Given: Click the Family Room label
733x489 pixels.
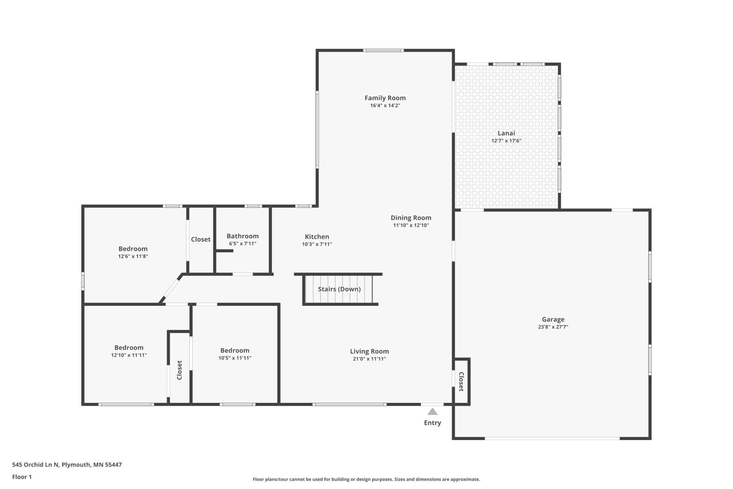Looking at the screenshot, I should [x=385, y=98].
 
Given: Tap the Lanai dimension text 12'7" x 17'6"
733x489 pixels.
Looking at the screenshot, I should [x=506, y=141].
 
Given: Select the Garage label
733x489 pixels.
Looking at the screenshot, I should [x=553, y=319].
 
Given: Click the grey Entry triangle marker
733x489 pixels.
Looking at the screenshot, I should [x=432, y=412].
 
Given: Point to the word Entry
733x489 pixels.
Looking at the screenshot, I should [x=432, y=423].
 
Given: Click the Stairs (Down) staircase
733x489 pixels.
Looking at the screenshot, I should [x=339, y=289].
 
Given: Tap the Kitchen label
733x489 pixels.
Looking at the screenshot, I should [x=317, y=237].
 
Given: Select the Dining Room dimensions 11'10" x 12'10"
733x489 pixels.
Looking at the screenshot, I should [x=411, y=225].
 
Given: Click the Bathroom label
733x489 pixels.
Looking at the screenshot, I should [x=242, y=236].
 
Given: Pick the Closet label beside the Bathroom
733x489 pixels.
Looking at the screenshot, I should [x=201, y=239].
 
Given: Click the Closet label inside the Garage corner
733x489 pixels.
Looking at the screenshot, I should [x=461, y=381].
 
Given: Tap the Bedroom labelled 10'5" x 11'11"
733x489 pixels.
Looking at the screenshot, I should [x=235, y=350].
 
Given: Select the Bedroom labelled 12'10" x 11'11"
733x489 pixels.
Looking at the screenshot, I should [x=129, y=348].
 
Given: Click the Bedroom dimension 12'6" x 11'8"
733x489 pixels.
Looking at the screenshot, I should [x=133, y=256].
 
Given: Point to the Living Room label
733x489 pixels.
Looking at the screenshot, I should [x=369, y=351].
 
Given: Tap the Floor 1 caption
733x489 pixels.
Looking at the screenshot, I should [x=22, y=477].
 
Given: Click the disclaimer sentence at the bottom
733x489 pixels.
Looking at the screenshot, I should [x=366, y=479].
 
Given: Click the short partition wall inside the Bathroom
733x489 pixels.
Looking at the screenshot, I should [x=224, y=251].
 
